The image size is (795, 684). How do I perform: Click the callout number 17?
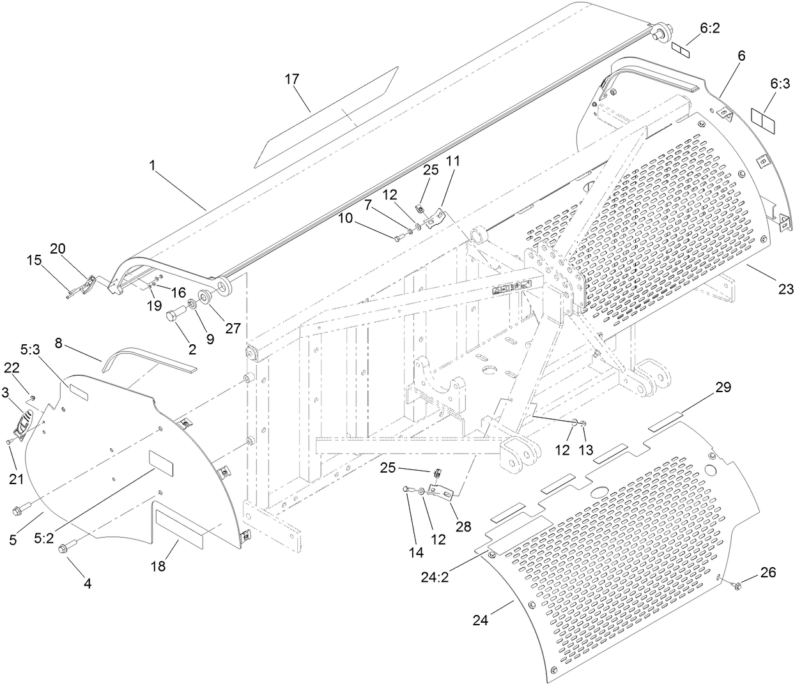coord(292,79)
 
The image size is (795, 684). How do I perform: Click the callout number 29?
coord(723,388)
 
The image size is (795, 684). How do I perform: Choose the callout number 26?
coord(768,573)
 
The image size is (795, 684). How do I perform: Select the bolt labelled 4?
coord(68,548)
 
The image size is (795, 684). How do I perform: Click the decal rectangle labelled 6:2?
coord(681,49)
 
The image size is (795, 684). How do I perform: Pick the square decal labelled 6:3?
coord(762,120)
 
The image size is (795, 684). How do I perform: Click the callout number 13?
coord(586,450)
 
